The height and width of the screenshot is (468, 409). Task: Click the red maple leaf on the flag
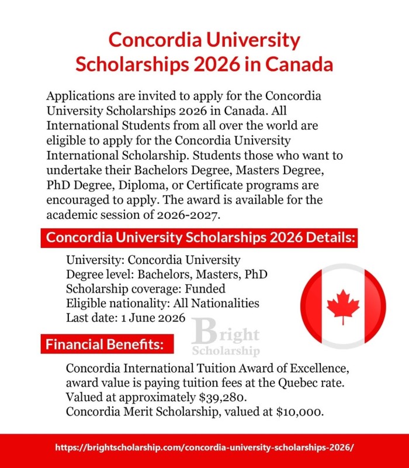pyautogui.click(x=343, y=306)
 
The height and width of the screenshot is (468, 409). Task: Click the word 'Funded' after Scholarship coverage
pyautogui.click(x=205, y=289)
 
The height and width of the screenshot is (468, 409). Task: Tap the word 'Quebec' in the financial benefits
pyautogui.click(x=297, y=384)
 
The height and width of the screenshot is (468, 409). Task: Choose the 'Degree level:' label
pyautogui.click(x=98, y=274)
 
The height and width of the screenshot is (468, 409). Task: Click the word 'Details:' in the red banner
pyautogui.click(x=324, y=239)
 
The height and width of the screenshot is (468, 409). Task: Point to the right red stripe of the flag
pyautogui.click(x=376, y=306)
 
